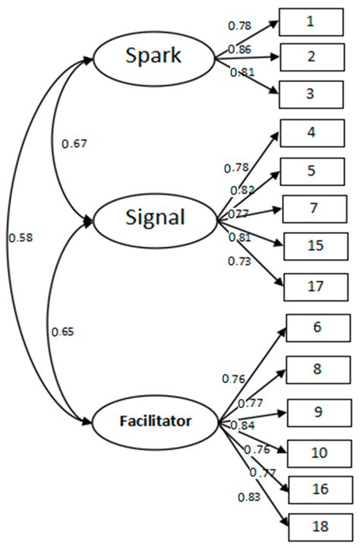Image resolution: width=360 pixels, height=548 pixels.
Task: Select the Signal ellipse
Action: click(x=155, y=217)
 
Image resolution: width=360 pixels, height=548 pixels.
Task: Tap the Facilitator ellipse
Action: click(x=154, y=419)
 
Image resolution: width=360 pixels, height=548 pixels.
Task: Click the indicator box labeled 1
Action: click(x=309, y=23)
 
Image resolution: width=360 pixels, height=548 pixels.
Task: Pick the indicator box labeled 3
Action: click(x=309, y=94)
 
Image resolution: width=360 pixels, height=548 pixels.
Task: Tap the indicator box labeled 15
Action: click(x=315, y=246)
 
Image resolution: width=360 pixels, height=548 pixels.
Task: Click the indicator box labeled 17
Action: click(x=315, y=287)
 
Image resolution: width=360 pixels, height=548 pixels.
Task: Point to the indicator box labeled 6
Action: click(x=317, y=328)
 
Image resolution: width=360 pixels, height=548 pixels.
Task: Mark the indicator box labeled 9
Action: click(x=317, y=413)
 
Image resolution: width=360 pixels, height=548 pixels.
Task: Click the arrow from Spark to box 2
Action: click(x=247, y=55)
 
